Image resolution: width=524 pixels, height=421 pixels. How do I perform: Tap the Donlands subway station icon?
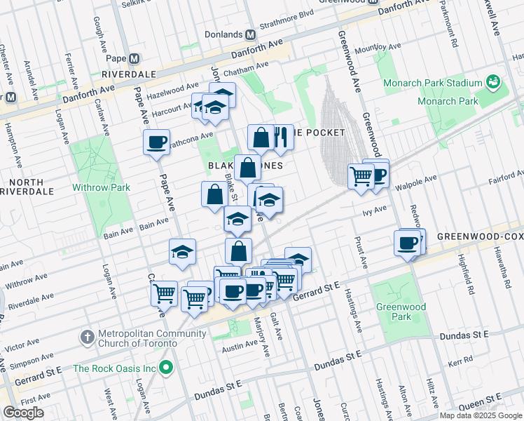(x=250, y=34)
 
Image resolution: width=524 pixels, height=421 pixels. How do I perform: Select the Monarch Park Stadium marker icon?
(x=493, y=83)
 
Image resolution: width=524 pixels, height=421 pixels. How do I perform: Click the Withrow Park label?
(x=101, y=187)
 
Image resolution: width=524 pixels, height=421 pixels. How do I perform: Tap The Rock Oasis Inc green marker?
(x=166, y=368)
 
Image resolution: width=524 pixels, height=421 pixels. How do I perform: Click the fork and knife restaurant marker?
(x=281, y=137)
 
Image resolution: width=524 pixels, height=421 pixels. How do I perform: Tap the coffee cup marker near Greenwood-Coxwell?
(x=407, y=243)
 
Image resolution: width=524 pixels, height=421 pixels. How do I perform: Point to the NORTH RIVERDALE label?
(x=27, y=186)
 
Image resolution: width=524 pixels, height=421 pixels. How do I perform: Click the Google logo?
(x=23, y=413)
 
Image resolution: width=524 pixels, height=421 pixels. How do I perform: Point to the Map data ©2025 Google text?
(x=481, y=415)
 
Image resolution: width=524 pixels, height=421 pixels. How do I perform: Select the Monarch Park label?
(x=448, y=101)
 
